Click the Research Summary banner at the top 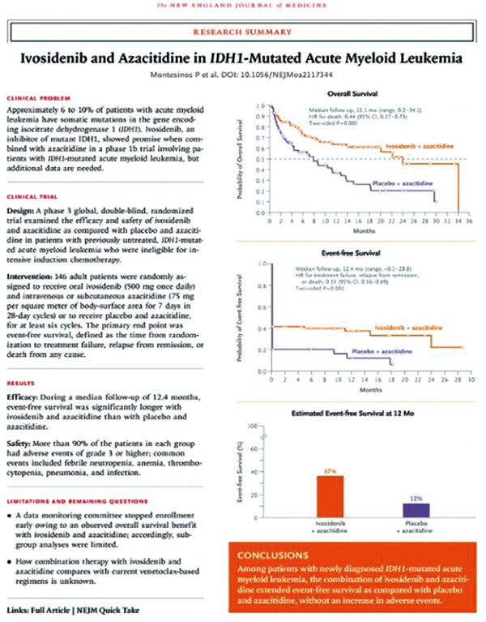coord(242,32)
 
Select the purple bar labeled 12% coord(416,509)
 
